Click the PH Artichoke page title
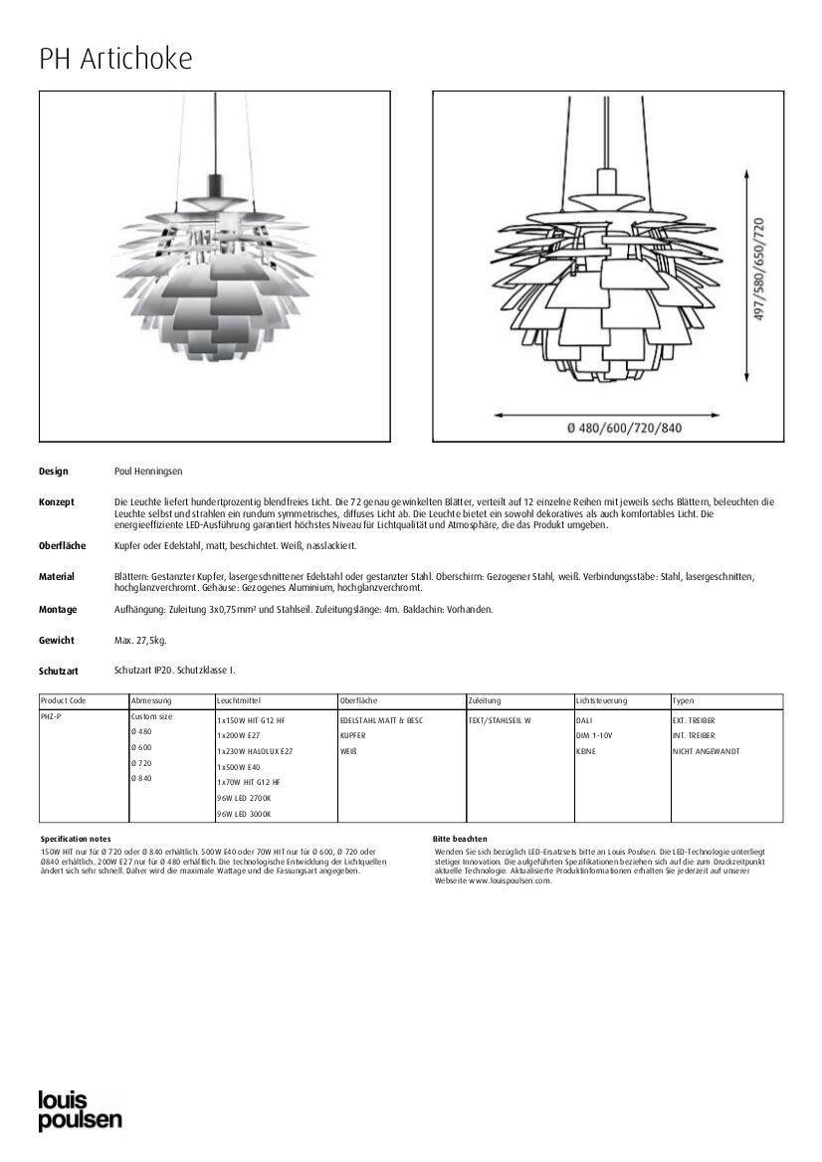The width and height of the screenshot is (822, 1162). coord(115,59)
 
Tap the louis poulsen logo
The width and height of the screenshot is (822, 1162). coord(80,1110)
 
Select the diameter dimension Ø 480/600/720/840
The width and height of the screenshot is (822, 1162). coord(624,429)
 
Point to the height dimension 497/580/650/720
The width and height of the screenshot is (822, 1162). coord(759,269)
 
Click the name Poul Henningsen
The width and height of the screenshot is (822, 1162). coord(148,471)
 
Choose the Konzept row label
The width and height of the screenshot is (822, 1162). coord(57,502)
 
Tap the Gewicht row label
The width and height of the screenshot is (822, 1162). coord(57,640)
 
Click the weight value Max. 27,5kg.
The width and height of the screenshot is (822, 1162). coord(140,640)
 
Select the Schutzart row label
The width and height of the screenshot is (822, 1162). coord(59,672)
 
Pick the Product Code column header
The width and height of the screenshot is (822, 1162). coord(64,701)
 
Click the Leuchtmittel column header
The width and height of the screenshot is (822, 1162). coord(239,701)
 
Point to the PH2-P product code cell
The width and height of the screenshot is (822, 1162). coord(50,716)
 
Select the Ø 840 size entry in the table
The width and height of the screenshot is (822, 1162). coord(141,778)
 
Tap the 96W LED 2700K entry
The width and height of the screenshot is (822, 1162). coord(244,798)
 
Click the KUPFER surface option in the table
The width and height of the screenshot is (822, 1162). coord(353,735)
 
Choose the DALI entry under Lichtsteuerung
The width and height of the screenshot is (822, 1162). coord(584,719)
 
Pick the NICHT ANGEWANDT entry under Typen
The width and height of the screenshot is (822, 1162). coord(707,751)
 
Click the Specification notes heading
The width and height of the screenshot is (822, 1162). coord(76,839)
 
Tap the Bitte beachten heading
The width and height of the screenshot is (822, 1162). coord(460,839)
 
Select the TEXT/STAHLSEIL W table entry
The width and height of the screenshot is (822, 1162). coord(501,719)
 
